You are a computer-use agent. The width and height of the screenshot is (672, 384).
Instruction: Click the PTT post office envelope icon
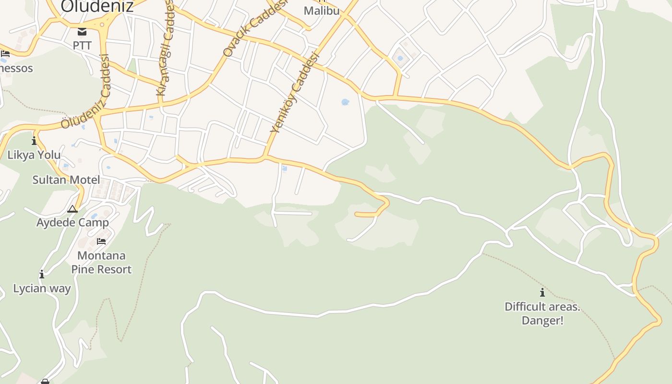82,32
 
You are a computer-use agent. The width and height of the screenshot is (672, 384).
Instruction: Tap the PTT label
82,46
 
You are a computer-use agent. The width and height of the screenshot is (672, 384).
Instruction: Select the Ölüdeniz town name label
97,6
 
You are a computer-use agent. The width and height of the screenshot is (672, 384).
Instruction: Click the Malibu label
322,11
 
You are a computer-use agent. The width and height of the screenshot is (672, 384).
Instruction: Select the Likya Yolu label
34,155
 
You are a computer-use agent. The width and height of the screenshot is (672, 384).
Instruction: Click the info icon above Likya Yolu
34,141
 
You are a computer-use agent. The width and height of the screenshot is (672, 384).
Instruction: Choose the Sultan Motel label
66,180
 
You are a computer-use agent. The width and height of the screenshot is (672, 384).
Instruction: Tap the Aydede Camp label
72,223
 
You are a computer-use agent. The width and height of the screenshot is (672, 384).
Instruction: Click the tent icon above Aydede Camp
72,209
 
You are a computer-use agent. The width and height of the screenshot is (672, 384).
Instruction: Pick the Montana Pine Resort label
101,262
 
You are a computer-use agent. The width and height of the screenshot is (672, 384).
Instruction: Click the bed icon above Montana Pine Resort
101,241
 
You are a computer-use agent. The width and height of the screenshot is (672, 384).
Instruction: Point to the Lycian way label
42,288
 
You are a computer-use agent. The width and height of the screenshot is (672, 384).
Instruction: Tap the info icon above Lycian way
42,275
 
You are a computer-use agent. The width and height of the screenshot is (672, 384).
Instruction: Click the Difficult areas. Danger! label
542,313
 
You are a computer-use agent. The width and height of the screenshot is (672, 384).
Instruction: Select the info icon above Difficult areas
542,292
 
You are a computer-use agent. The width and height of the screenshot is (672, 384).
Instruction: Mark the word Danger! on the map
542,320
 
